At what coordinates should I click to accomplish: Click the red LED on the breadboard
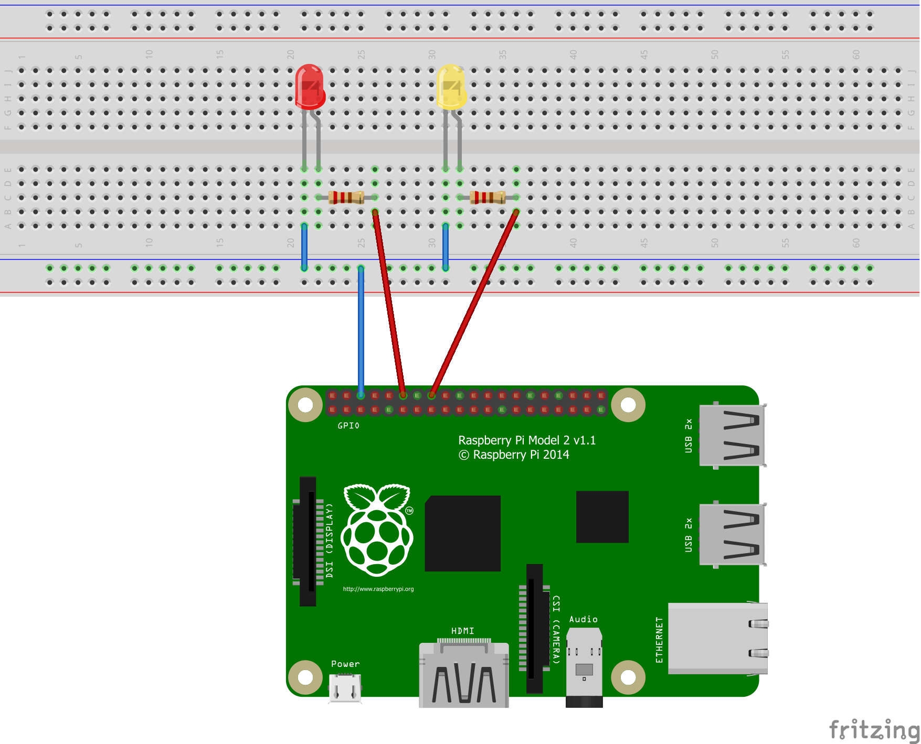click(310, 87)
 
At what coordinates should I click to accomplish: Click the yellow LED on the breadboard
click(451, 87)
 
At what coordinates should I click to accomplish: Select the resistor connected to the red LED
click(346, 198)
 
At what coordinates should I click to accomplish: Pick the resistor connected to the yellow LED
click(488, 198)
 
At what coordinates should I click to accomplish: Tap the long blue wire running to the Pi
click(361, 330)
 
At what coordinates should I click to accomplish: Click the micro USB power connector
click(345, 687)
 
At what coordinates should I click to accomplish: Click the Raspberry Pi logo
click(377, 530)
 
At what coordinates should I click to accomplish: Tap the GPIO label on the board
click(348, 426)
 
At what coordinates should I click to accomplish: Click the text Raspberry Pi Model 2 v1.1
click(527, 440)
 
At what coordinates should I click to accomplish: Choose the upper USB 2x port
click(732, 435)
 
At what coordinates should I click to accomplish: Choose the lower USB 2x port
click(732, 534)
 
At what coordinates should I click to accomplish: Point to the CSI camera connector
click(534, 628)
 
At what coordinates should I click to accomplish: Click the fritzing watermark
click(873, 729)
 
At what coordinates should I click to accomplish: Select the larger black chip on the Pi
click(462, 533)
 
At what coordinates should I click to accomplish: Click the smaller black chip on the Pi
click(602, 516)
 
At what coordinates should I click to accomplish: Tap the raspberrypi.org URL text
click(378, 589)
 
